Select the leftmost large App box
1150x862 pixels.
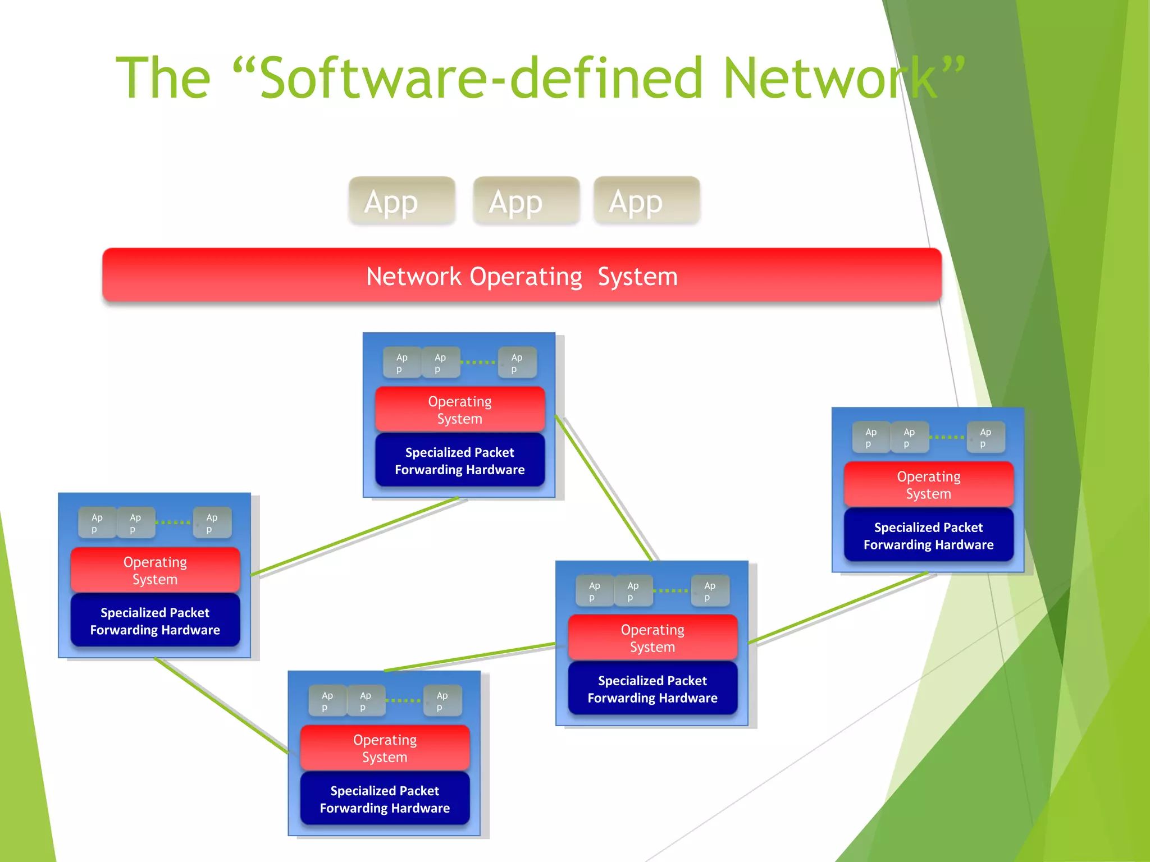click(x=401, y=201)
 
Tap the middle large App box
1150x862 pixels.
click(x=526, y=201)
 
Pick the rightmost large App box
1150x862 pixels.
click(x=646, y=201)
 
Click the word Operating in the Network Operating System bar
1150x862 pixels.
click(x=526, y=277)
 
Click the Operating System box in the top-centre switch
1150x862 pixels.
click(x=460, y=410)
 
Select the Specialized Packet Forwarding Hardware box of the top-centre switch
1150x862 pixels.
click(x=460, y=461)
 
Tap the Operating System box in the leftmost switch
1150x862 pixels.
click(x=155, y=570)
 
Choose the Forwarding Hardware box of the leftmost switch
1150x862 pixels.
click(x=155, y=621)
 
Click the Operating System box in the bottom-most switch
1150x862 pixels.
click(x=385, y=748)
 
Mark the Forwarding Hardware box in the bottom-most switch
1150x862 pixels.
click(x=385, y=799)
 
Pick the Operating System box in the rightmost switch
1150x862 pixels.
click(x=928, y=485)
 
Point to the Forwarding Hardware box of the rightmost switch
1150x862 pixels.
click(x=928, y=536)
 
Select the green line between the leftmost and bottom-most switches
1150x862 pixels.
click(x=222, y=705)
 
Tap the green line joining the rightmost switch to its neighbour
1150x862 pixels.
click(x=837, y=607)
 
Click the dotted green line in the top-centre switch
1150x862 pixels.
click(x=478, y=363)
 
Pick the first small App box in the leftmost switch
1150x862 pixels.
click(x=97, y=523)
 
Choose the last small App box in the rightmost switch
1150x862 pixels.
click(x=985, y=438)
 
